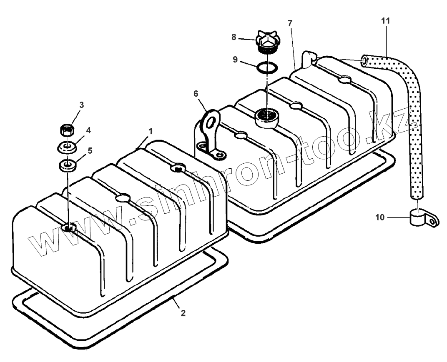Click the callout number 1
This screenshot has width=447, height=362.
point(151,131)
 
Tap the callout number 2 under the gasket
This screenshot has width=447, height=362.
point(183,313)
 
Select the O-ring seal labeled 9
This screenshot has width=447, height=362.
point(266,67)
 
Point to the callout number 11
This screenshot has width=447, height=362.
point(387,20)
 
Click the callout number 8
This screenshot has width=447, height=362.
point(234,37)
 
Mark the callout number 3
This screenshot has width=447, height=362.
point(81,105)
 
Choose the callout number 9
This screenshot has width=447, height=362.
point(235,60)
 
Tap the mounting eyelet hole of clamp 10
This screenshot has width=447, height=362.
point(434,222)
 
